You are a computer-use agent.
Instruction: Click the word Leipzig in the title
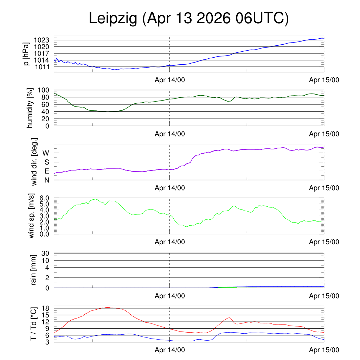click(x=113, y=18)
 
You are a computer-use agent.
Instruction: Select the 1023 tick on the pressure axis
click(x=41, y=40)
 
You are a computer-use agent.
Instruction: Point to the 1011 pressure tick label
click(x=42, y=67)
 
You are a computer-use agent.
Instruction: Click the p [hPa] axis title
click(x=26, y=54)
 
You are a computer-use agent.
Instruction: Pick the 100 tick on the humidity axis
click(x=44, y=90)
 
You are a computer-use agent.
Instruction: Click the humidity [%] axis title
click(x=30, y=108)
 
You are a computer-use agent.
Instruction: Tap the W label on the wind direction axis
click(x=46, y=153)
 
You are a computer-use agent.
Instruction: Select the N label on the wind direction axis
click(x=47, y=180)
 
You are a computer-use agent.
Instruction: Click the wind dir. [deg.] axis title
click(x=34, y=162)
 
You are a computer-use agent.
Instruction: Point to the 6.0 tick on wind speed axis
click(x=44, y=198)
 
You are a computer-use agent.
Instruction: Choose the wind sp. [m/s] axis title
click(x=31, y=216)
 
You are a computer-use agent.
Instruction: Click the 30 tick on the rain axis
click(x=45, y=253)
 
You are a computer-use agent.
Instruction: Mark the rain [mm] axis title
click(x=33, y=270)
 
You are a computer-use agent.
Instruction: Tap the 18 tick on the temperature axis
click(x=46, y=308)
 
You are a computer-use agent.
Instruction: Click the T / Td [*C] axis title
click(x=33, y=324)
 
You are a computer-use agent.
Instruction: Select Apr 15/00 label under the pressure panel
click(x=324, y=80)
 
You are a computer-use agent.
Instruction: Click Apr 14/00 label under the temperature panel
click(x=170, y=350)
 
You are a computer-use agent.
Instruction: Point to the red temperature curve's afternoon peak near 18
click(x=108, y=307)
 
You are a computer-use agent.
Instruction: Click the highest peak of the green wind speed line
click(x=96, y=199)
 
